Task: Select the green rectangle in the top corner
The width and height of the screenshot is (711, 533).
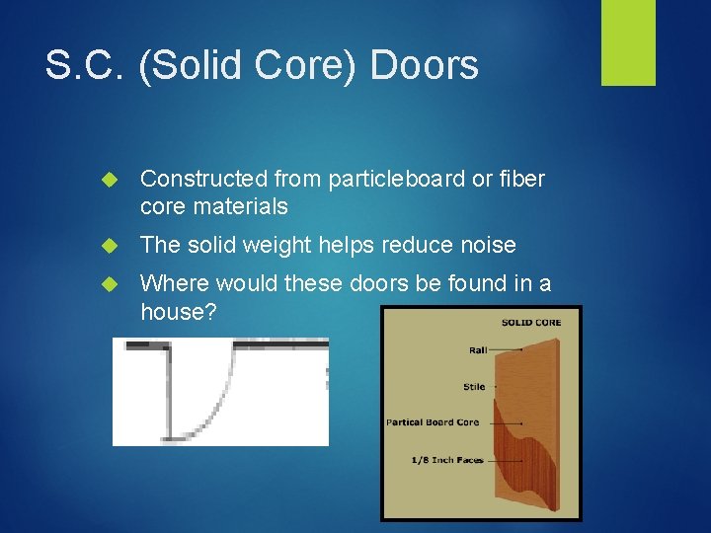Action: click(628, 42)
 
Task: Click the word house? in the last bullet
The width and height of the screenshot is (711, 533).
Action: click(177, 311)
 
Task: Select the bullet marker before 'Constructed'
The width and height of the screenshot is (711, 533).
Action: click(110, 180)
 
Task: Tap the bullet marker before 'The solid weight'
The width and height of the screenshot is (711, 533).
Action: click(110, 246)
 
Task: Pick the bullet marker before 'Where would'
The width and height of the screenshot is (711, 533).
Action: click(110, 284)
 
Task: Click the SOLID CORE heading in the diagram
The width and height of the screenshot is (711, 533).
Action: click(531, 323)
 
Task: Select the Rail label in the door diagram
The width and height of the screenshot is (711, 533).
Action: click(479, 348)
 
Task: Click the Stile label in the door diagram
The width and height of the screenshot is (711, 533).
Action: click(474, 386)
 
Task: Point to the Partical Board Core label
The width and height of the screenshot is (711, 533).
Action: click(433, 422)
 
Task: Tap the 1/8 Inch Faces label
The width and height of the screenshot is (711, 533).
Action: click(447, 460)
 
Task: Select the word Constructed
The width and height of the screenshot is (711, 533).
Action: click(203, 179)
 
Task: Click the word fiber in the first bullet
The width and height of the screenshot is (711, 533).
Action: click(522, 179)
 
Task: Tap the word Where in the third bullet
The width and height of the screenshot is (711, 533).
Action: click(173, 283)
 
